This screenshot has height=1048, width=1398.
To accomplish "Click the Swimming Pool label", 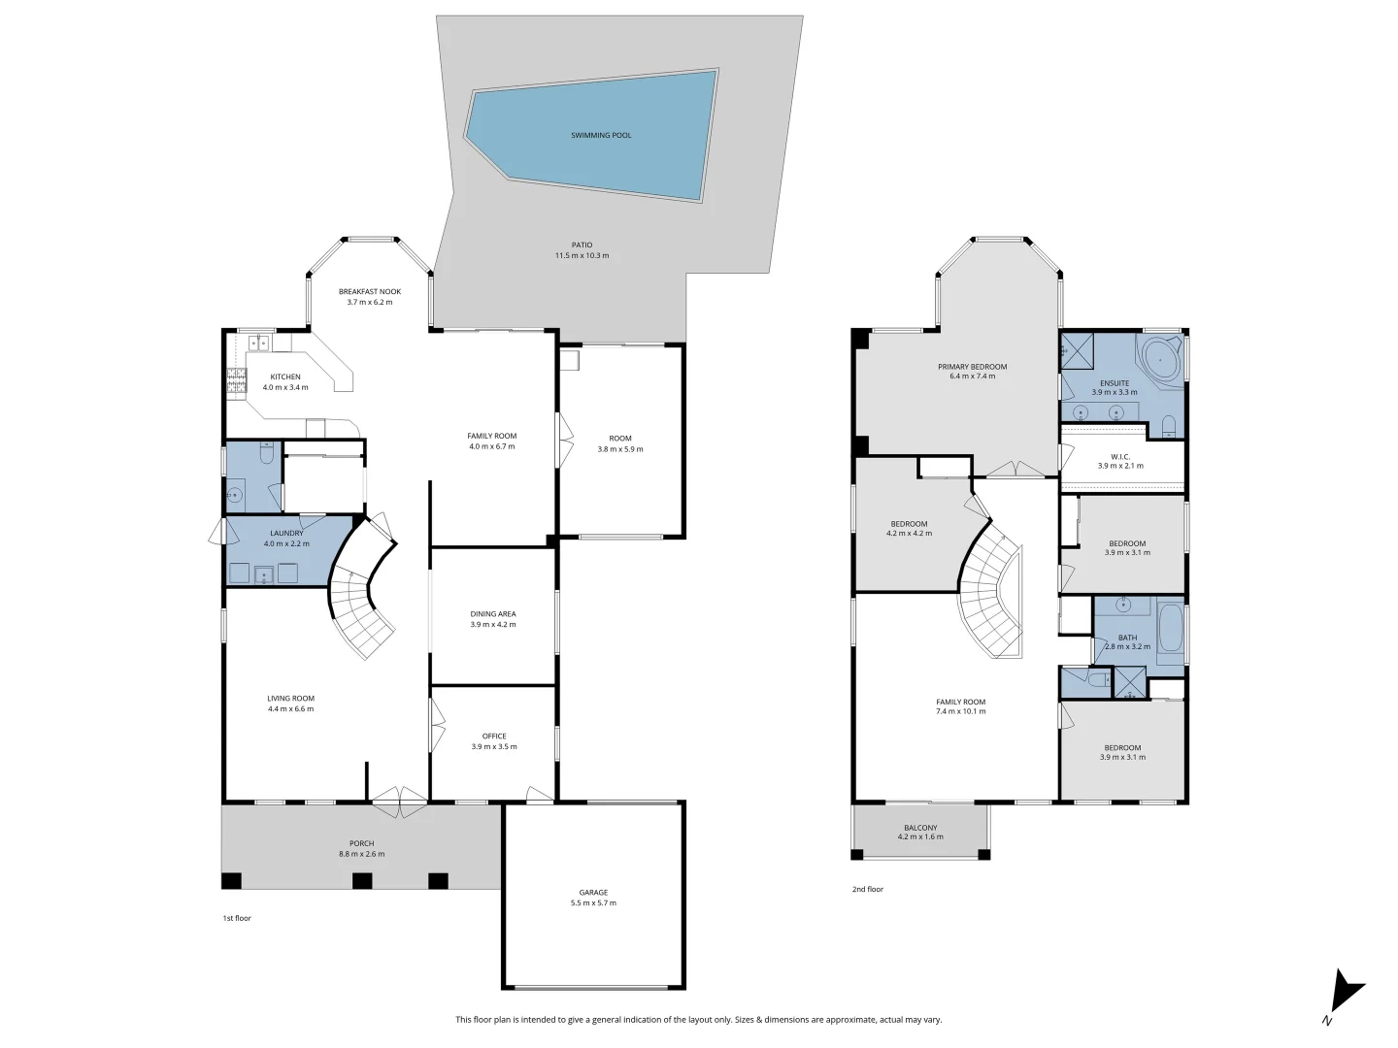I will tap(601, 136).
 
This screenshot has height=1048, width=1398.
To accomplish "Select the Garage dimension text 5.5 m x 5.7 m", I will tap(593, 903).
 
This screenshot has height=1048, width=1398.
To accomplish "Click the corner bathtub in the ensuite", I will tap(1160, 360).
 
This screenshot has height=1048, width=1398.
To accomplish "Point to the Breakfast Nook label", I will tap(369, 292).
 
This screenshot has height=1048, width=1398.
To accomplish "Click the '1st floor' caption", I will tap(237, 918).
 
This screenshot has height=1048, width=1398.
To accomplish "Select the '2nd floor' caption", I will tap(868, 889).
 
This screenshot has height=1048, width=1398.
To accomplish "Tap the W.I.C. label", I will tap(1120, 456).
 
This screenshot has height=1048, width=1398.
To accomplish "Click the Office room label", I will tap(494, 737).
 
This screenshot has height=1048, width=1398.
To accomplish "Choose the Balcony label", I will tap(920, 828).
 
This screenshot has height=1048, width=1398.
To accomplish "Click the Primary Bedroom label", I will tap(972, 367).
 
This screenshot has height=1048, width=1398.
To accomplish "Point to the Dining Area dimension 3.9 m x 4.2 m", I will tap(493, 625).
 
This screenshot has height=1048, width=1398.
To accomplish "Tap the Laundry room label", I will tap(286, 533).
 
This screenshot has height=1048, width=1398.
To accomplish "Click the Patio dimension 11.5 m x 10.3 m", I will tap(582, 256).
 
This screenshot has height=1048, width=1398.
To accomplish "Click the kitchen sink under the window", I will tap(258, 342).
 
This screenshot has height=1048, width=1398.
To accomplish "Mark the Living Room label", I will tap(291, 699).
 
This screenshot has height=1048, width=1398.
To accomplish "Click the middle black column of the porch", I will tap(362, 881).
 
